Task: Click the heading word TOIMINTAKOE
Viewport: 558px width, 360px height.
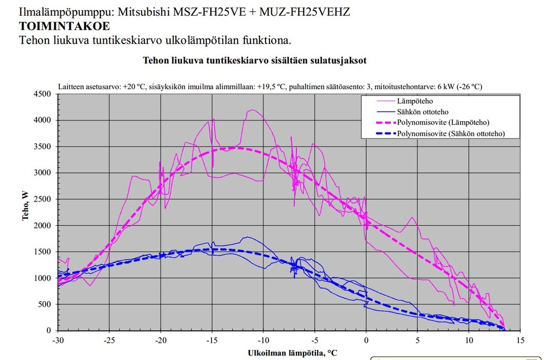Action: (x=64, y=26)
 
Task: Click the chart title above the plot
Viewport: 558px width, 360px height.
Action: (x=254, y=60)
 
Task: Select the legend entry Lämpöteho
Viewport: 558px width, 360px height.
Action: (x=414, y=101)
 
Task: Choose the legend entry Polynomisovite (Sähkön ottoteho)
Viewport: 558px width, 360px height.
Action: (x=451, y=133)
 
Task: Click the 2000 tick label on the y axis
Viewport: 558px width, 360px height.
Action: (x=44, y=225)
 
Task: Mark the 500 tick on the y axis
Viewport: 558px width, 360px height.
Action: (x=46, y=305)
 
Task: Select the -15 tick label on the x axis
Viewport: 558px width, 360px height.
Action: (x=212, y=340)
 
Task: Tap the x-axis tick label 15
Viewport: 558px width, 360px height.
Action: (x=521, y=340)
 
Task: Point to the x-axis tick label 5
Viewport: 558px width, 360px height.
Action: (x=418, y=340)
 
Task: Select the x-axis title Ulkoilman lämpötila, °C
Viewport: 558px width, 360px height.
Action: (x=292, y=353)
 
